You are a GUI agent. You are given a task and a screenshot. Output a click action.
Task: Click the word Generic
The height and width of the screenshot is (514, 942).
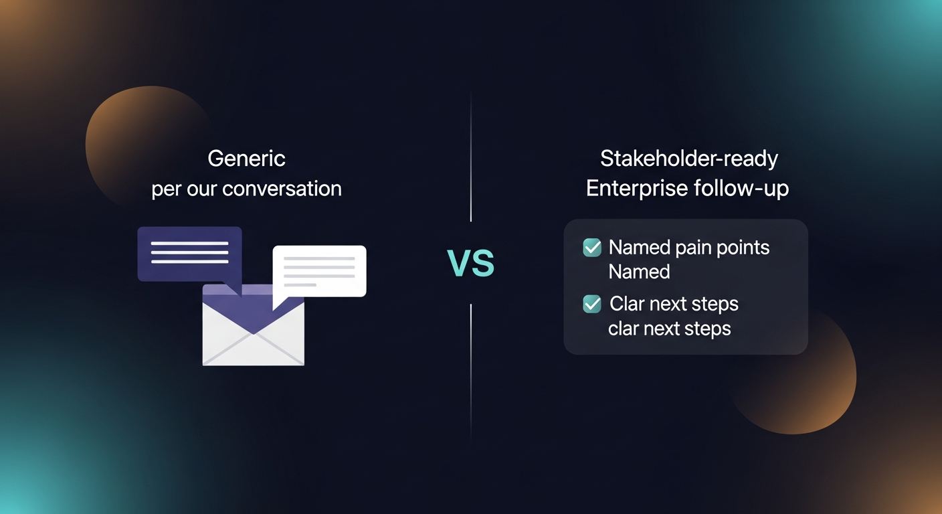[246, 159]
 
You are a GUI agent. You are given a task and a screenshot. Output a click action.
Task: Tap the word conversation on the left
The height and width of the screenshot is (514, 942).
[282, 189]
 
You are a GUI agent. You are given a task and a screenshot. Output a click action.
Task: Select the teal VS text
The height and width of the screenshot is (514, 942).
[470, 263]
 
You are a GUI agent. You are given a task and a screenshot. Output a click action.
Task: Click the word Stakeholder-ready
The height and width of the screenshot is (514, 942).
[688, 159]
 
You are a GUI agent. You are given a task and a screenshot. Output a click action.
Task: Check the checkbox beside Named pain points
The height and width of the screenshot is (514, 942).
[592, 248]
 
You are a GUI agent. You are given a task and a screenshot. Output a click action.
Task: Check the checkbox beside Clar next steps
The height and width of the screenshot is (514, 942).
[592, 304]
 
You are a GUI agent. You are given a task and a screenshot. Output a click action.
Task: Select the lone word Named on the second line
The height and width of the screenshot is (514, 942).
[639, 272]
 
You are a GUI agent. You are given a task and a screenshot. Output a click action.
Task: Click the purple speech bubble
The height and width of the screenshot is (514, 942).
[189, 253]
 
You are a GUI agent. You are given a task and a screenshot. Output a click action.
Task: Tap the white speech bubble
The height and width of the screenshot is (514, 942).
[320, 270]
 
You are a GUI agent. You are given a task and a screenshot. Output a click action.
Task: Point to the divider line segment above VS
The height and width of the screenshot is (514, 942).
[471, 161]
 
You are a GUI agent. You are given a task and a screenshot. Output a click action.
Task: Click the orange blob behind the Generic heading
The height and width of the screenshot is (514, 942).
[134, 134]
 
